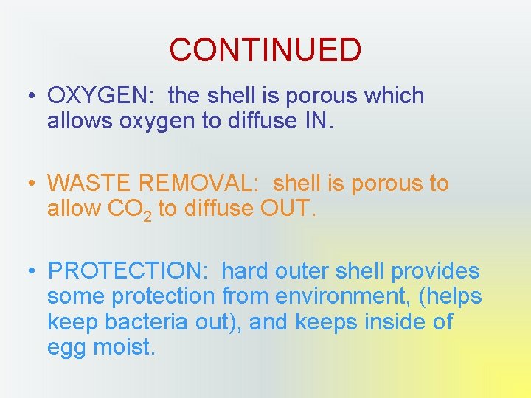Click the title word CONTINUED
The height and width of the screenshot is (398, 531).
[x=265, y=50]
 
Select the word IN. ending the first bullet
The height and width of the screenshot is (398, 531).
[x=318, y=121]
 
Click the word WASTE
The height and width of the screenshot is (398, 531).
[x=86, y=184]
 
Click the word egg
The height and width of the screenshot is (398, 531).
[x=66, y=347]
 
